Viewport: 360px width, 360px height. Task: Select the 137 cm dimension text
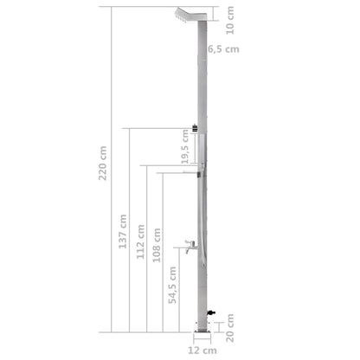tap(120, 233)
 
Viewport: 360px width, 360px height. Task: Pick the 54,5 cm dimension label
tap(172, 285)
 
